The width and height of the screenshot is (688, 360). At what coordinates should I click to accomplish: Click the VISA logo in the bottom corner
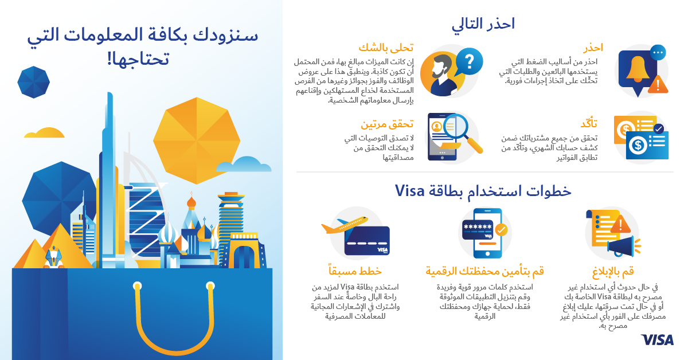pos(657,340)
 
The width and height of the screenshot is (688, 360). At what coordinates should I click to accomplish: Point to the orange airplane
pos(345,225)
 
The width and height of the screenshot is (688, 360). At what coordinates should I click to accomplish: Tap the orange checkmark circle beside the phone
pos(501,230)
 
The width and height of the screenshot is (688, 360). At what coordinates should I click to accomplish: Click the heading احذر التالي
pos(483,24)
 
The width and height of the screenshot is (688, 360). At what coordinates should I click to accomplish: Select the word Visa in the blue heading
pos(410,191)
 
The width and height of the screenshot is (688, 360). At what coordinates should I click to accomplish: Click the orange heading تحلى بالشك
pos(386,48)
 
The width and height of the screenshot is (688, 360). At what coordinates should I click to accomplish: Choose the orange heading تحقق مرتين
pos(387,124)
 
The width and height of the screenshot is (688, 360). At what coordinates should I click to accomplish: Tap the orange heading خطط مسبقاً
pos(355,271)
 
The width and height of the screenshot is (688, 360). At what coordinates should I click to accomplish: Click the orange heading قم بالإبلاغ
pos(613,272)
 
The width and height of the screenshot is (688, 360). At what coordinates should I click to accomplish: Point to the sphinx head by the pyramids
pos(53,256)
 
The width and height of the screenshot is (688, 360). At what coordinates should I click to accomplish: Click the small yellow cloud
pos(44,132)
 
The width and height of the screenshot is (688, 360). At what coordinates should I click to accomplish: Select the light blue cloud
pos(244,165)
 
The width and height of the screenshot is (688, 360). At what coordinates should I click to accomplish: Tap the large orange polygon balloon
pos(197,140)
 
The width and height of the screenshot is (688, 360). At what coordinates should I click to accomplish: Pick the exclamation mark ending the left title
pos(110,59)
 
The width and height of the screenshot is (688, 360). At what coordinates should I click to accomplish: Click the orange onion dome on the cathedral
pos(191,202)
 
